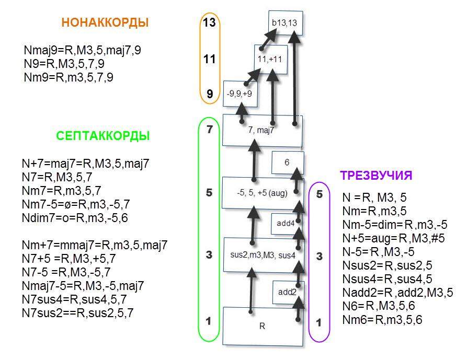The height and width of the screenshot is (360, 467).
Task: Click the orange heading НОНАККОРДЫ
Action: (105, 22)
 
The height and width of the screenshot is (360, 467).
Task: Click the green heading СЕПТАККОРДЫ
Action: (102, 136)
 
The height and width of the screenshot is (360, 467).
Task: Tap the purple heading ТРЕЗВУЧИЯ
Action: (376, 176)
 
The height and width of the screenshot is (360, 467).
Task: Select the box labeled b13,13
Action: (286, 23)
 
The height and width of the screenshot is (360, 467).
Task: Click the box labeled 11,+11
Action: (270, 60)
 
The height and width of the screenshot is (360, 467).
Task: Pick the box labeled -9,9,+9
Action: (240, 94)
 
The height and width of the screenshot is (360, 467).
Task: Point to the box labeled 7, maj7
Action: (262, 131)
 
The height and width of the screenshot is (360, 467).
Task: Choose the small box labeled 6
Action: (288, 162)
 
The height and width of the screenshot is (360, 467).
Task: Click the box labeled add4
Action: (286, 223)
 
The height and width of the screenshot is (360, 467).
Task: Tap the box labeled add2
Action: (288, 292)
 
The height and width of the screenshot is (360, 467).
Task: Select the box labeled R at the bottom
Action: (263, 326)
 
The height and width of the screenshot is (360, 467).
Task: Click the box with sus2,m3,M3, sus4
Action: (263, 255)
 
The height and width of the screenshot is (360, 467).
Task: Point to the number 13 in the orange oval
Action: (209, 22)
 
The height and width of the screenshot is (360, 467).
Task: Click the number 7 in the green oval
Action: (209, 130)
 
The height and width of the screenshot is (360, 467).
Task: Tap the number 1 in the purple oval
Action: (319, 322)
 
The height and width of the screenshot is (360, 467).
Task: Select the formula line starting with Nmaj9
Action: (83, 50)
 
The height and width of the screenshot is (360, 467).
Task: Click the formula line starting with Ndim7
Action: (75, 218)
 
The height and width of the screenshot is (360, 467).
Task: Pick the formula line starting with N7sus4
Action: (74, 299)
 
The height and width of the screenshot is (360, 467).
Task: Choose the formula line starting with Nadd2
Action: (397, 293)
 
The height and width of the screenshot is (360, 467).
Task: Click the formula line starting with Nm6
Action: (382, 320)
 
